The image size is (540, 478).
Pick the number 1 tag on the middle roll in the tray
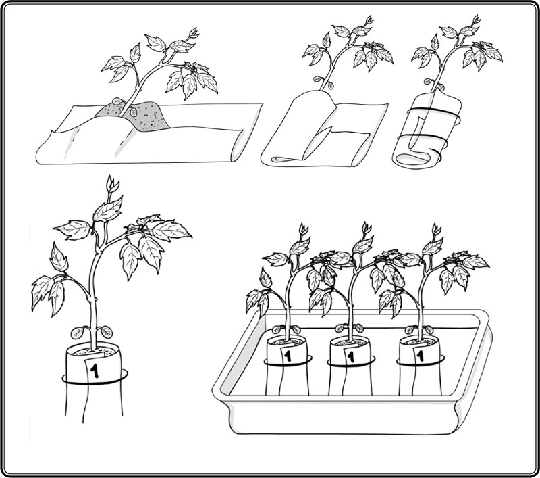coord(352,356)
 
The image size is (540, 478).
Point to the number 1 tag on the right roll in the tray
coord(420,355)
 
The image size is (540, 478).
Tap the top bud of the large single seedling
coord(112,185)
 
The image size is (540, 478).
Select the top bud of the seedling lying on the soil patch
coord(194,33)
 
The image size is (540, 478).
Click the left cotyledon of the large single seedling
coord(77,333)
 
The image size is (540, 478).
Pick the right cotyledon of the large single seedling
coord(107,332)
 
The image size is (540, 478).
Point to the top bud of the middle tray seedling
coord(367,228)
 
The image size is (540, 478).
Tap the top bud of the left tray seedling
coord(303,229)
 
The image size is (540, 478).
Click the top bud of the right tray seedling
coord(436,229)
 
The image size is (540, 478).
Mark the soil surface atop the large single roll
coord(94,351)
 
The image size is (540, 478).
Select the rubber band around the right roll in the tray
coord(420,362)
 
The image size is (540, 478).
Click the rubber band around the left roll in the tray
coord(288,362)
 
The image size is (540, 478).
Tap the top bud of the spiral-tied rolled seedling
coord(477,20)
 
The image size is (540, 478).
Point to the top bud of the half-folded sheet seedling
coord(369,20)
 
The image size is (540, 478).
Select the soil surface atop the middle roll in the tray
coord(350,343)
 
